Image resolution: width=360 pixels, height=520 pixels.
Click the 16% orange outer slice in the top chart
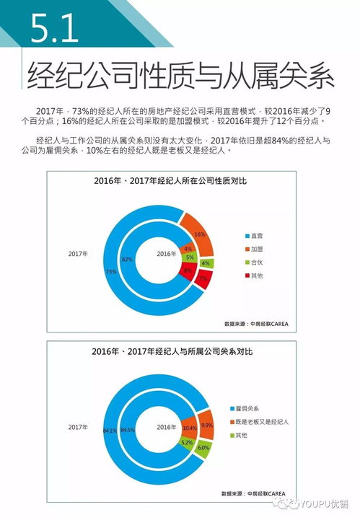[200, 234]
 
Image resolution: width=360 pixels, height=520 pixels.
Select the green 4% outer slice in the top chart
[206, 263]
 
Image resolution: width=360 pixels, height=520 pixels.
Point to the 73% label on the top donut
[111, 272]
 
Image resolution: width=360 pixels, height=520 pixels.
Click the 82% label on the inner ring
[127, 258]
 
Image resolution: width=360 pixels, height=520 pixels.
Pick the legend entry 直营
[255, 236]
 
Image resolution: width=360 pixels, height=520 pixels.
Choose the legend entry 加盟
[255, 249]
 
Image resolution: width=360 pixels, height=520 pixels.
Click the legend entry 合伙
[255, 263]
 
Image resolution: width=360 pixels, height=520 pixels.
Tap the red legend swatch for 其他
[245, 276]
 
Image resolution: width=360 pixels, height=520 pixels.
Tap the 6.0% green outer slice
[203, 447]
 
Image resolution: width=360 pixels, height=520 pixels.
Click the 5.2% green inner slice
[186, 442]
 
